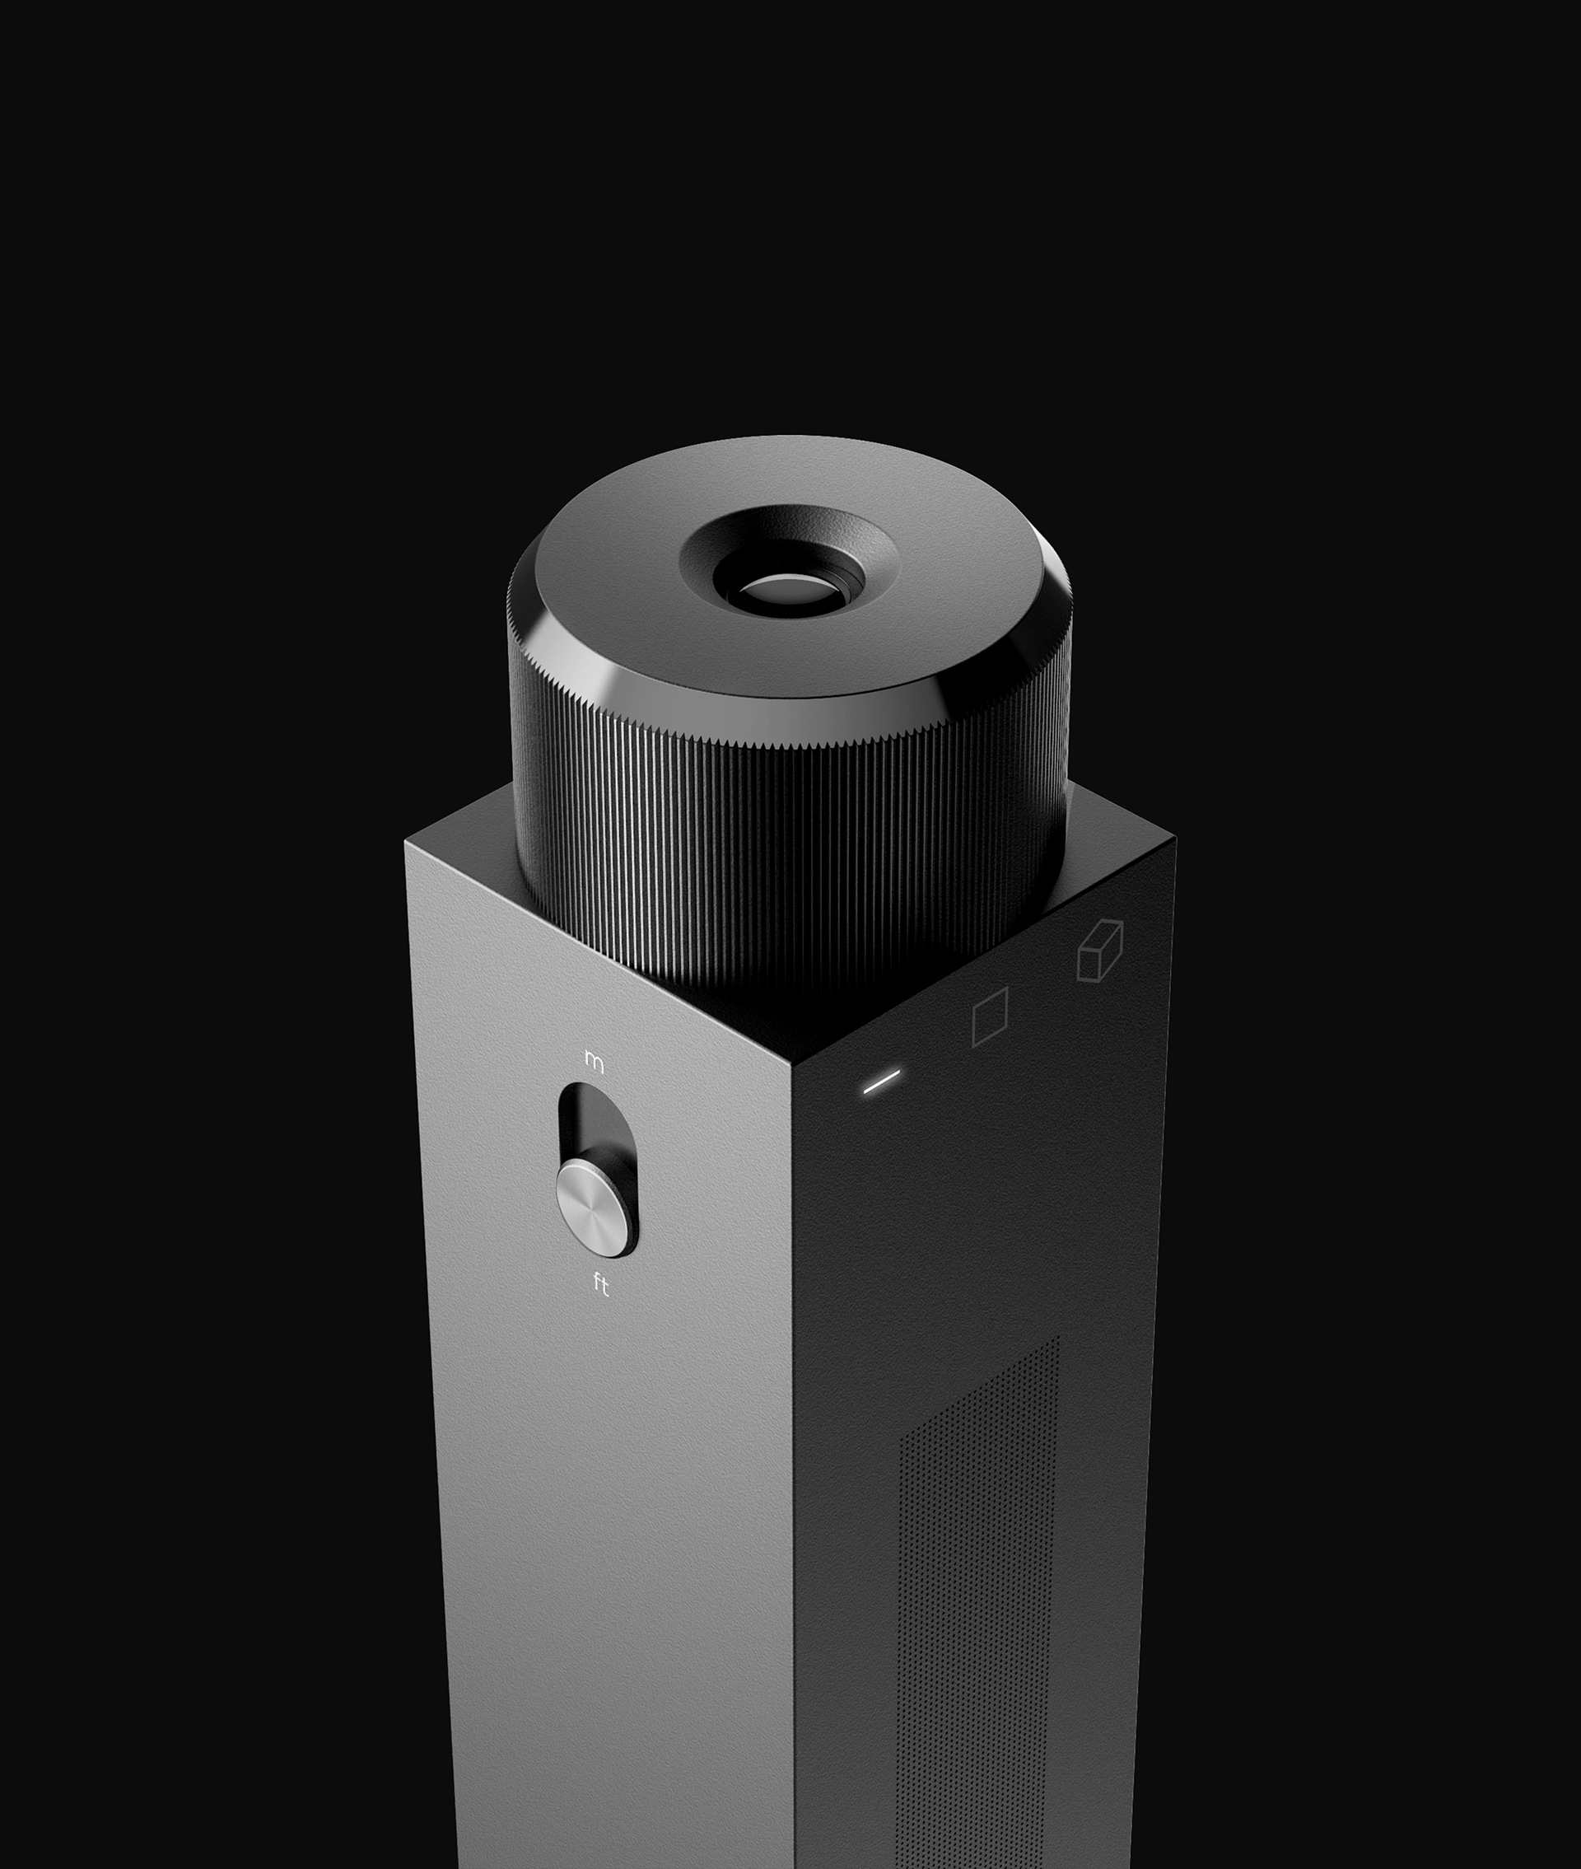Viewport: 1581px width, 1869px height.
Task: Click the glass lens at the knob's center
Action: click(783, 591)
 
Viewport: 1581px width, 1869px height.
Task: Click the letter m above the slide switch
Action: click(594, 1059)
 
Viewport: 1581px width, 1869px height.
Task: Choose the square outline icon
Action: click(990, 1016)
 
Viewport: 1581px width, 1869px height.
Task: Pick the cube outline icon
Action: click(1100, 951)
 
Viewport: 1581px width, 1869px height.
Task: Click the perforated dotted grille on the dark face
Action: click(977, 1568)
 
